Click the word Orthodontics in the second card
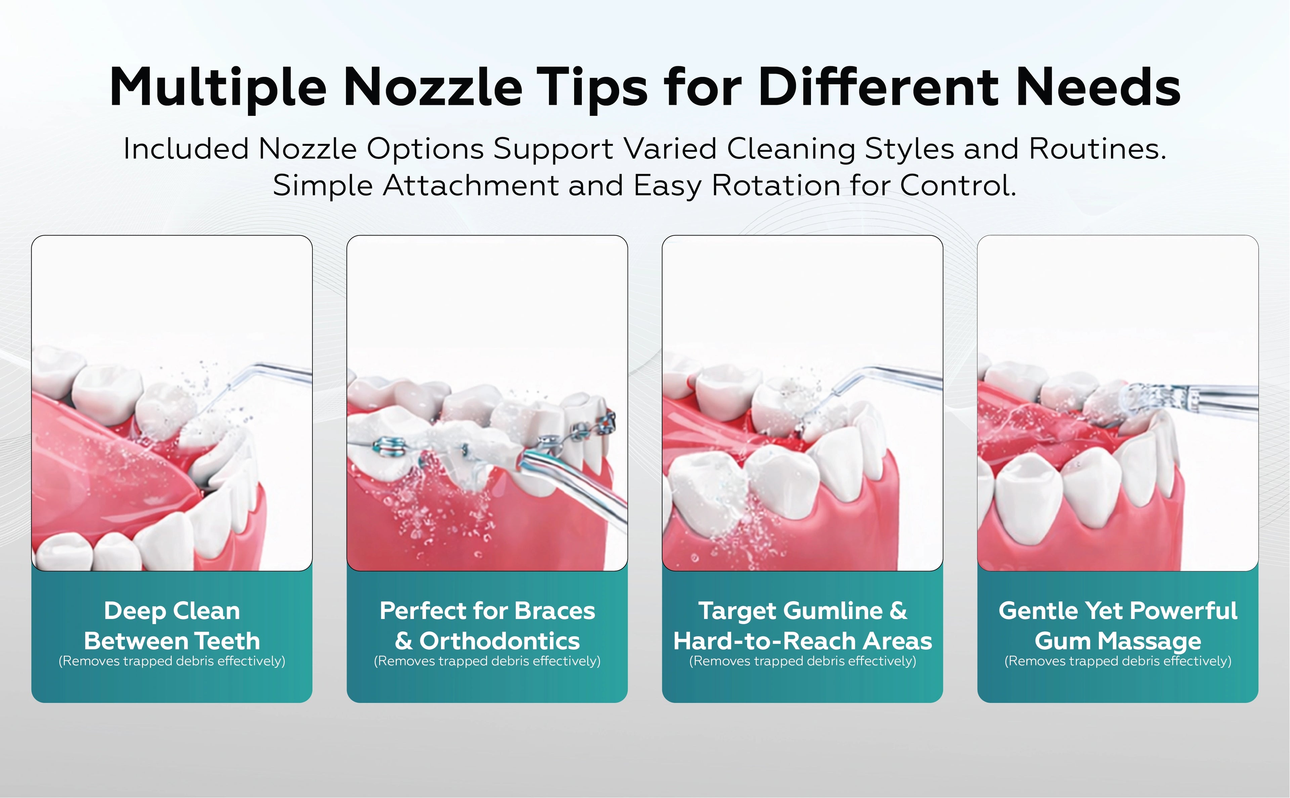coord(499,641)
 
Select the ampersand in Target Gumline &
coord(898,611)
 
